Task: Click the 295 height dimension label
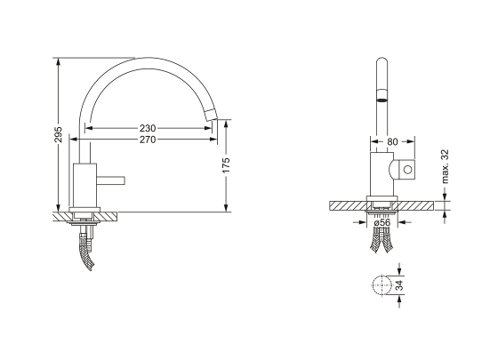coord(59,134)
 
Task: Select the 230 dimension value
coord(148,128)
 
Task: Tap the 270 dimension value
coord(148,140)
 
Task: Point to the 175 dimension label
coord(226,165)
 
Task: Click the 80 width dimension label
coord(392,142)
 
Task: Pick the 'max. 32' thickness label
coord(446,166)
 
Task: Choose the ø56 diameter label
coord(382,222)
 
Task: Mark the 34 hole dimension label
coord(400,284)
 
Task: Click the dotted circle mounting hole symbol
coord(382,284)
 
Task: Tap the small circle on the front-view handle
coord(407,170)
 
